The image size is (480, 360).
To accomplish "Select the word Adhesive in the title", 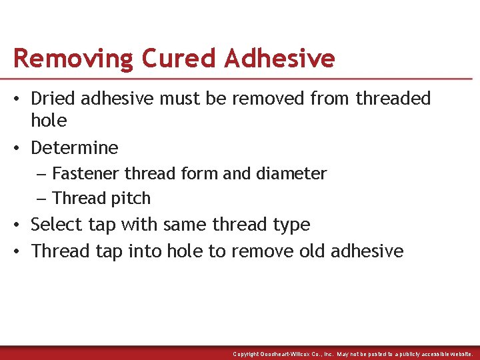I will click(280, 59).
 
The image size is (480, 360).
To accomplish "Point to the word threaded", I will click(393, 99).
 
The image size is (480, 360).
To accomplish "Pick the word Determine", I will click(75, 147).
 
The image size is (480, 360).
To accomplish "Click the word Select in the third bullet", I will click(55, 225).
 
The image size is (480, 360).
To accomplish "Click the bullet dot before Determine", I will click(18, 148).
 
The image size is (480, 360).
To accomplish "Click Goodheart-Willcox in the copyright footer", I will click(294, 354).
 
